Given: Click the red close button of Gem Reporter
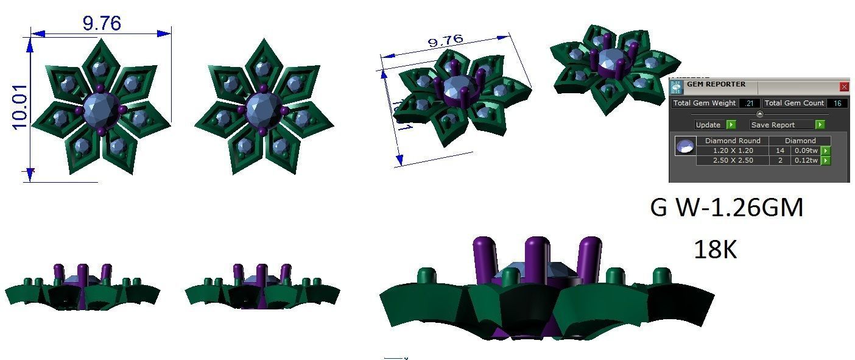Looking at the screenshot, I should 843,87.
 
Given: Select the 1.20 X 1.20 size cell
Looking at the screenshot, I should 733,150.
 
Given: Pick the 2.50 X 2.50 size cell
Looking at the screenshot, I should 733,160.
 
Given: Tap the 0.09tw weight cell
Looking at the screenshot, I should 805,150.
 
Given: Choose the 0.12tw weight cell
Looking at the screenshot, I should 805,160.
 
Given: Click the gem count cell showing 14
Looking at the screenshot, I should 779,150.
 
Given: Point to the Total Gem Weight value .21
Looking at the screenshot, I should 748,104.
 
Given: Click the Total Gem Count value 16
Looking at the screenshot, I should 837,104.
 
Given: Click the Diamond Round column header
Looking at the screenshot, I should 733,141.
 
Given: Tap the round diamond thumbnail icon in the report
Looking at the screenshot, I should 686,147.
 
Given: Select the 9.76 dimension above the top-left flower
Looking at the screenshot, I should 102,23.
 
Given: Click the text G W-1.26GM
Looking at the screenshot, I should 727,208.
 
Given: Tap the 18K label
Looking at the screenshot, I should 715,250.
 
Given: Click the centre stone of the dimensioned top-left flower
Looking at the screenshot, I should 100,110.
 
